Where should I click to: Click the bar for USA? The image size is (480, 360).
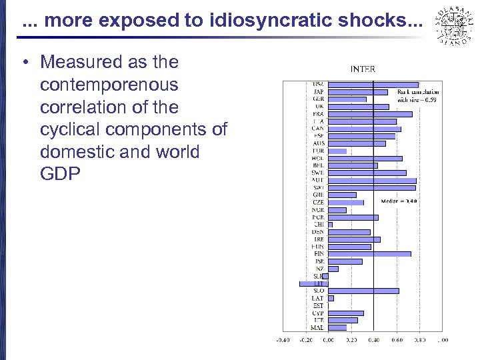click(x=373, y=85)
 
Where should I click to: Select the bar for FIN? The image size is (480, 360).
click(x=370, y=253)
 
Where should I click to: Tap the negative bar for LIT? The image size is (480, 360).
click(x=314, y=283)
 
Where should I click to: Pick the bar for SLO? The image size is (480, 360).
click(x=364, y=291)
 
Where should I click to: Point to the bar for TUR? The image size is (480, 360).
click(x=337, y=151)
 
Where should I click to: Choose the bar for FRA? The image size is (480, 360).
click(x=371, y=114)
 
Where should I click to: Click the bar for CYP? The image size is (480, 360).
click(x=346, y=313)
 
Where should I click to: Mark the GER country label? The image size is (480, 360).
click(x=318, y=99)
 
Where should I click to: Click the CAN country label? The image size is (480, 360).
click(x=318, y=129)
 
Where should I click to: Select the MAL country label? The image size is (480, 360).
click(x=317, y=327)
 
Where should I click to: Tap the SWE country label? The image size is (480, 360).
click(x=318, y=173)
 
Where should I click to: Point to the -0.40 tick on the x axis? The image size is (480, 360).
click(x=283, y=340)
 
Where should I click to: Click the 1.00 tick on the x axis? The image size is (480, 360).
click(x=442, y=340)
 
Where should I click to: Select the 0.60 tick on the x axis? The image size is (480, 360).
click(x=397, y=340)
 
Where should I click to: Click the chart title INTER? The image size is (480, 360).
click(x=363, y=68)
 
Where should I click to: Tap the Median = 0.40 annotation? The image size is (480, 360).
click(x=399, y=201)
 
